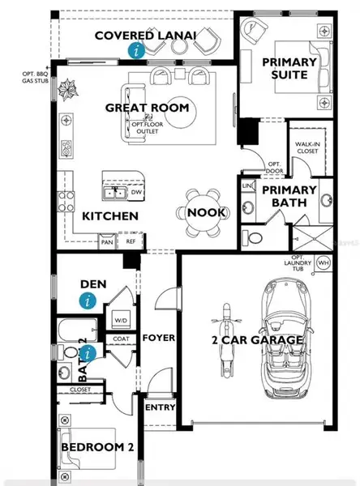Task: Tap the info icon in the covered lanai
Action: [x=137, y=50]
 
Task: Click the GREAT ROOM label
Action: [x=147, y=108]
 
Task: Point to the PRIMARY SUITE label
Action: [x=284, y=68]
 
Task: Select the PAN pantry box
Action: [x=107, y=241]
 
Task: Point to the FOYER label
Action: [x=159, y=338]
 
